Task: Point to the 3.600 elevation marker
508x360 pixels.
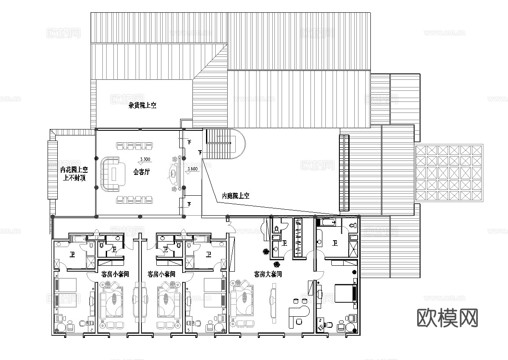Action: pos(192,169)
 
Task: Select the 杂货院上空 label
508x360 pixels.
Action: pos(142,105)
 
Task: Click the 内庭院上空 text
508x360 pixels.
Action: pos(235,196)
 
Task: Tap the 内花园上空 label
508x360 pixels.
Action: pos(73,169)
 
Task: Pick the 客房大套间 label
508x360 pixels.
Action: pos(268,274)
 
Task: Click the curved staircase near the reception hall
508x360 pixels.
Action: pos(225,144)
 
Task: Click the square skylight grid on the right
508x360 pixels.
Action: pos(449,173)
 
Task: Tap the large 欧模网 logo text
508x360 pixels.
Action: pos(448,317)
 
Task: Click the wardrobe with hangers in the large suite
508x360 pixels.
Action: pos(299,237)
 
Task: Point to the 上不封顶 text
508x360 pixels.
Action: pos(74,178)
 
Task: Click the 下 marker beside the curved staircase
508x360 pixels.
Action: pos(200,152)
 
